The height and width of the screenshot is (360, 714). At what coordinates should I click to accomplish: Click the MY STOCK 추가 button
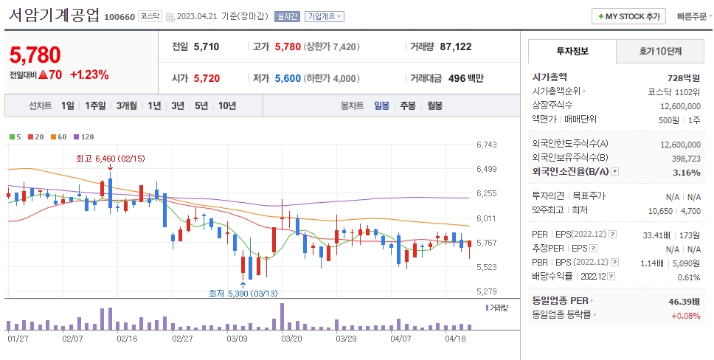[x=629, y=16]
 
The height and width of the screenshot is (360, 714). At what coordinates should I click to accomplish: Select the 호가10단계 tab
[x=659, y=52]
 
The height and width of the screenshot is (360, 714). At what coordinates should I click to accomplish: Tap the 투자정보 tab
[x=572, y=52]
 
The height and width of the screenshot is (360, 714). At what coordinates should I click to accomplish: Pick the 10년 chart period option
[x=227, y=105]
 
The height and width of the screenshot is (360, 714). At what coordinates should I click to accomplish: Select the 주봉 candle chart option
[x=407, y=105]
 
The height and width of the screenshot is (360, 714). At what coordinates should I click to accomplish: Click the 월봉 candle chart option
[x=434, y=105]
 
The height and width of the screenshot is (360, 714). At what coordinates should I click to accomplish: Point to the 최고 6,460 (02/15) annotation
[x=111, y=158]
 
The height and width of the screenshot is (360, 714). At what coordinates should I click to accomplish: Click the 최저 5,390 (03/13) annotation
[x=243, y=294]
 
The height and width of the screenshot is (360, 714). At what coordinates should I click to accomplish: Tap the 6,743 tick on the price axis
[x=486, y=145]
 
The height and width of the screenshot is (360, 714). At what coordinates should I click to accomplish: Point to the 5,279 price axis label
[x=486, y=291]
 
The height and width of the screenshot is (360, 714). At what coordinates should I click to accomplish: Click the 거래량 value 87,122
[x=455, y=46]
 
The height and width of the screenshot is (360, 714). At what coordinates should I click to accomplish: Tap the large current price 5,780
[x=35, y=55]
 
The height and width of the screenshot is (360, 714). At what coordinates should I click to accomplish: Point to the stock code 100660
[x=119, y=17]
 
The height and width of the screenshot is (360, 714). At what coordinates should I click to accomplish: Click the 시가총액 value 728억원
[x=683, y=77]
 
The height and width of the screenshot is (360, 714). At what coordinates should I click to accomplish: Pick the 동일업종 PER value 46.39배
[x=682, y=302]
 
